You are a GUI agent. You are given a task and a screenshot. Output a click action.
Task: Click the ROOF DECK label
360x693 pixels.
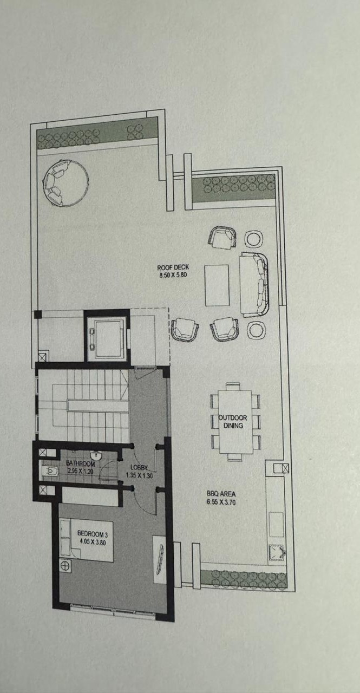(173, 267)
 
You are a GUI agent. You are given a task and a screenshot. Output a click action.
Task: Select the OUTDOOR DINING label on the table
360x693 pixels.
(233, 422)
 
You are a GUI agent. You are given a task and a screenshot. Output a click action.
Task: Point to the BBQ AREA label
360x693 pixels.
(221, 494)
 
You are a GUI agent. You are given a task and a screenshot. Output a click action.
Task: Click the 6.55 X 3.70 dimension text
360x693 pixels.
(221, 502)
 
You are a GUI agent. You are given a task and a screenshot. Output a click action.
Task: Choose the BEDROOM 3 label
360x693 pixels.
(93, 534)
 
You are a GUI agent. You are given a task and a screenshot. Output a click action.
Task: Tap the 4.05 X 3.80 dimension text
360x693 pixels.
(93, 542)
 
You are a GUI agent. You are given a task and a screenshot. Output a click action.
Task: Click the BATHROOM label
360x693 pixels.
(81, 464)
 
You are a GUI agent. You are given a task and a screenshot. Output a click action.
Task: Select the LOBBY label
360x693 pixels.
(139, 467)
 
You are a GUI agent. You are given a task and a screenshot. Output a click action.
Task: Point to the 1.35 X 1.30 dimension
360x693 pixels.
(140, 475)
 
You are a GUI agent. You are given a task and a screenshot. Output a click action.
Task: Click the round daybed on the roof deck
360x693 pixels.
(66, 182)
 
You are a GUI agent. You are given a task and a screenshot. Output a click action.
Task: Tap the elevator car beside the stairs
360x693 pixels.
(106, 338)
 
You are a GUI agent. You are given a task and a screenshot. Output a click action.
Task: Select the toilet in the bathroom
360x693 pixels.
(50, 471)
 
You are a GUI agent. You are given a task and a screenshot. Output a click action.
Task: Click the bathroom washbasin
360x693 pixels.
(96, 455)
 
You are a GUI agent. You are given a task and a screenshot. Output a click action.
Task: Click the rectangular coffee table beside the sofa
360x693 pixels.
(217, 285)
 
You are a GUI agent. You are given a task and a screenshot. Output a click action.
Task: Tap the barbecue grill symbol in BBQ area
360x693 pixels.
(277, 553)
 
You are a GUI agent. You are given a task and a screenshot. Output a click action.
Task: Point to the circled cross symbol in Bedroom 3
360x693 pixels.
(65, 566)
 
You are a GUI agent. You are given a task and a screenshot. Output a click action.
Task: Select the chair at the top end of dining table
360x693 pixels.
(233, 386)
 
